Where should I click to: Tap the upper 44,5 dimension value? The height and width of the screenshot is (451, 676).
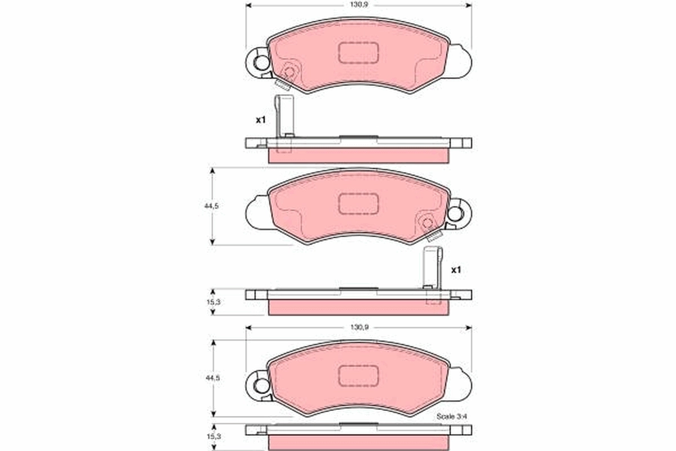[x=211, y=206]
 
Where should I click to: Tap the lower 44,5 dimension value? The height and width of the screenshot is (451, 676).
[x=211, y=378]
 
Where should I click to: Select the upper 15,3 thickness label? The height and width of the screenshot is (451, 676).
[x=212, y=303]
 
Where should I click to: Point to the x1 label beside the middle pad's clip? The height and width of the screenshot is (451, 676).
[x=456, y=270]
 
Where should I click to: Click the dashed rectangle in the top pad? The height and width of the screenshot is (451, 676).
[x=358, y=52]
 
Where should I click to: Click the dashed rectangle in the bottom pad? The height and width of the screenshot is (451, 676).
[x=358, y=374]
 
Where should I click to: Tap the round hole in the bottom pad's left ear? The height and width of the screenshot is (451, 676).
[x=261, y=386]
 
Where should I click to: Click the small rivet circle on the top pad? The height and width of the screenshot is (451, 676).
[x=290, y=72]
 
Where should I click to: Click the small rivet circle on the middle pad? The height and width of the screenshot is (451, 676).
[x=426, y=222]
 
